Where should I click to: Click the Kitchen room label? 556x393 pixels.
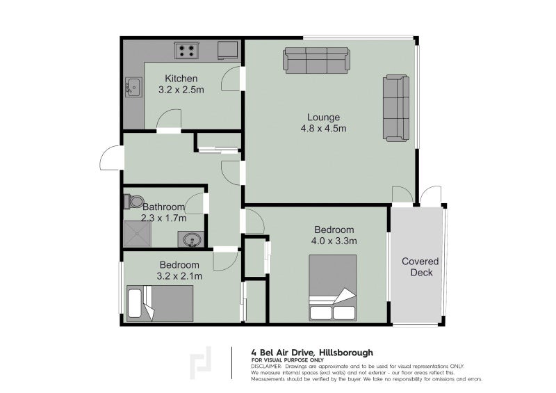point(181,79)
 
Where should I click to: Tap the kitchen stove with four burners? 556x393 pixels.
point(186,50)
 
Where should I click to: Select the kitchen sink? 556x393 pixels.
point(133,88)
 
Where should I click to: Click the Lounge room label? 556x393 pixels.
point(324,117)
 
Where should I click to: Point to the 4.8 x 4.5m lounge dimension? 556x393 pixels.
point(323,128)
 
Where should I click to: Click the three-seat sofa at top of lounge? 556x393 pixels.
point(316,61)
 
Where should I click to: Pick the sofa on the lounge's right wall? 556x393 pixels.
point(396,108)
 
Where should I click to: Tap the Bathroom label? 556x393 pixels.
point(164,207)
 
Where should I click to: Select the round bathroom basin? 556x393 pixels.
point(193,239)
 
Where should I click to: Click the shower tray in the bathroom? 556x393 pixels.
point(137,235)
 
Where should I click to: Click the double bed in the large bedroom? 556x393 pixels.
point(332,288)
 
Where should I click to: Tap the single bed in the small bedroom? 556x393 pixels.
point(160,303)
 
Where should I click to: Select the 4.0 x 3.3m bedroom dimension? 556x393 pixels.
point(334,241)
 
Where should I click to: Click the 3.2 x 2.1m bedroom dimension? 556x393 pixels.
point(180,276)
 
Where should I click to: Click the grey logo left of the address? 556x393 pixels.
point(202,362)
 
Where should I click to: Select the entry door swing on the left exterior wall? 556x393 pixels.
point(110,159)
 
